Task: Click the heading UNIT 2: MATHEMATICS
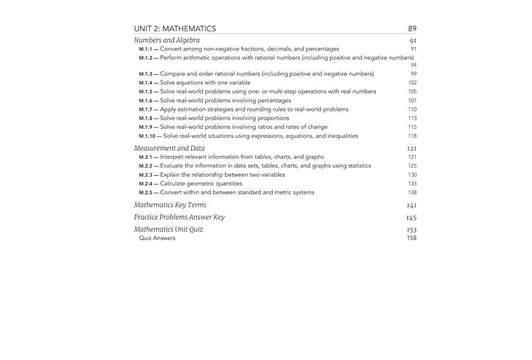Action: [175, 29]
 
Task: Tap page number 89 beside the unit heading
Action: [412, 29]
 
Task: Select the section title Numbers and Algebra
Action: [167, 40]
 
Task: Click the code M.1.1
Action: [145, 49]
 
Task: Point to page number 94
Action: [413, 65]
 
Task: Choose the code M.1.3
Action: [145, 74]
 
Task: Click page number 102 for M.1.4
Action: [412, 83]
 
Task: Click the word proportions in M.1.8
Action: [272, 118]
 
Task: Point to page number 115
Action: [412, 127]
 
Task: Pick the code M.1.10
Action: [147, 136]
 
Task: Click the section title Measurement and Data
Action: [169, 148]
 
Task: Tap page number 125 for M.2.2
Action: [412, 166]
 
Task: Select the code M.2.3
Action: [145, 175]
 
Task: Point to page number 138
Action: [412, 193]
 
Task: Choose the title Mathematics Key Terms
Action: [170, 205]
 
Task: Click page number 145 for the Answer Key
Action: [411, 218]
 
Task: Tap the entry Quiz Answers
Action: [157, 238]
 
